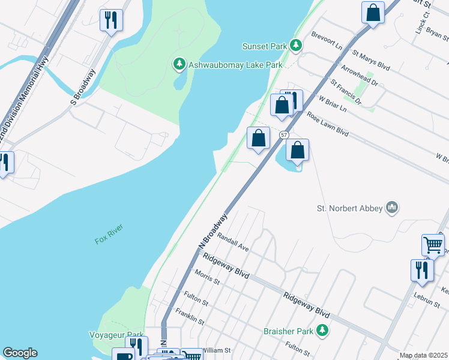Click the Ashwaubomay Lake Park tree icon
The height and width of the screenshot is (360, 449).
coord(178,64)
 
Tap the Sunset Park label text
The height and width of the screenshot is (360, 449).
coord(265,46)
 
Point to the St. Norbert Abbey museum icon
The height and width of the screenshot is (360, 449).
coord(393,208)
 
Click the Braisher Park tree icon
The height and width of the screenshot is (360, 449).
coord(322,330)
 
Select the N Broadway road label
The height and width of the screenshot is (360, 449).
coord(213,230)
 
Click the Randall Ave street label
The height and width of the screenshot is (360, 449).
coord(233,242)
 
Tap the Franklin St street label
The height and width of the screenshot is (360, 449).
coord(190,317)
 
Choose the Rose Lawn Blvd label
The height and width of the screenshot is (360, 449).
coord(328,123)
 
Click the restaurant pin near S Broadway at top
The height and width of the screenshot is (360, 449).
coord(111,20)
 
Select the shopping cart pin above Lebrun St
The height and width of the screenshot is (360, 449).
coord(433,244)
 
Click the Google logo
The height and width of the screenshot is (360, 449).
coord(20,353)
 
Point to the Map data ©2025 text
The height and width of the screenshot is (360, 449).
coord(423,355)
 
